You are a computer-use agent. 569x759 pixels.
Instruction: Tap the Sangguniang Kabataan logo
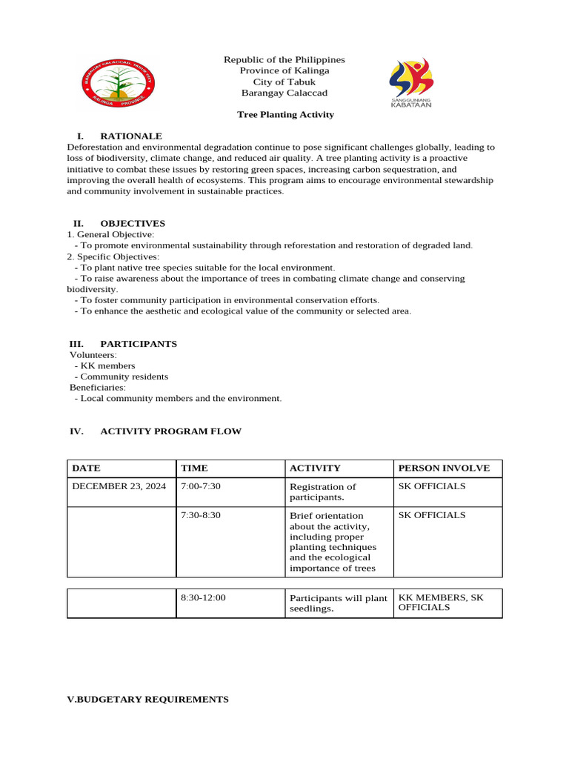click(x=411, y=82)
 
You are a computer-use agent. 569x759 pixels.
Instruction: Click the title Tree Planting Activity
click(x=285, y=115)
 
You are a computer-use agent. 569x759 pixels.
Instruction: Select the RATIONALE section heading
click(x=130, y=136)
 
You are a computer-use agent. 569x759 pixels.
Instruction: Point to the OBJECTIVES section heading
click(x=133, y=223)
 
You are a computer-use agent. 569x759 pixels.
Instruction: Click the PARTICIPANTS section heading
click(x=139, y=344)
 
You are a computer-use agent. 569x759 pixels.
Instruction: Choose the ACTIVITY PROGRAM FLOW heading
click(x=170, y=431)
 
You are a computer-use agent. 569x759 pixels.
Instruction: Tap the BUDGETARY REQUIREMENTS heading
click(x=148, y=699)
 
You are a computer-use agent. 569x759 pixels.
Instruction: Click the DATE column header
click(x=86, y=468)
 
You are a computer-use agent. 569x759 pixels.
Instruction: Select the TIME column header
click(x=194, y=468)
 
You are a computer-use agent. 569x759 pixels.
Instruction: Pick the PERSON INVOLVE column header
click(x=444, y=468)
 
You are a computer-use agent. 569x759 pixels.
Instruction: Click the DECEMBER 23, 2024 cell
click(x=119, y=486)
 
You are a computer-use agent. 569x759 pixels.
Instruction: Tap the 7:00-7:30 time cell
click(x=201, y=486)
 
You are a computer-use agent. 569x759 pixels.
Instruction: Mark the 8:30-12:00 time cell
click(x=203, y=597)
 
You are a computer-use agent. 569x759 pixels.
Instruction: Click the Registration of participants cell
click(x=323, y=492)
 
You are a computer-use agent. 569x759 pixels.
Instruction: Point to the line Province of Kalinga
click(x=284, y=70)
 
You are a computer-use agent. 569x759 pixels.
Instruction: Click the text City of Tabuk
click(x=284, y=82)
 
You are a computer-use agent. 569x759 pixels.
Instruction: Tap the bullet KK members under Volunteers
click(x=107, y=366)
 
